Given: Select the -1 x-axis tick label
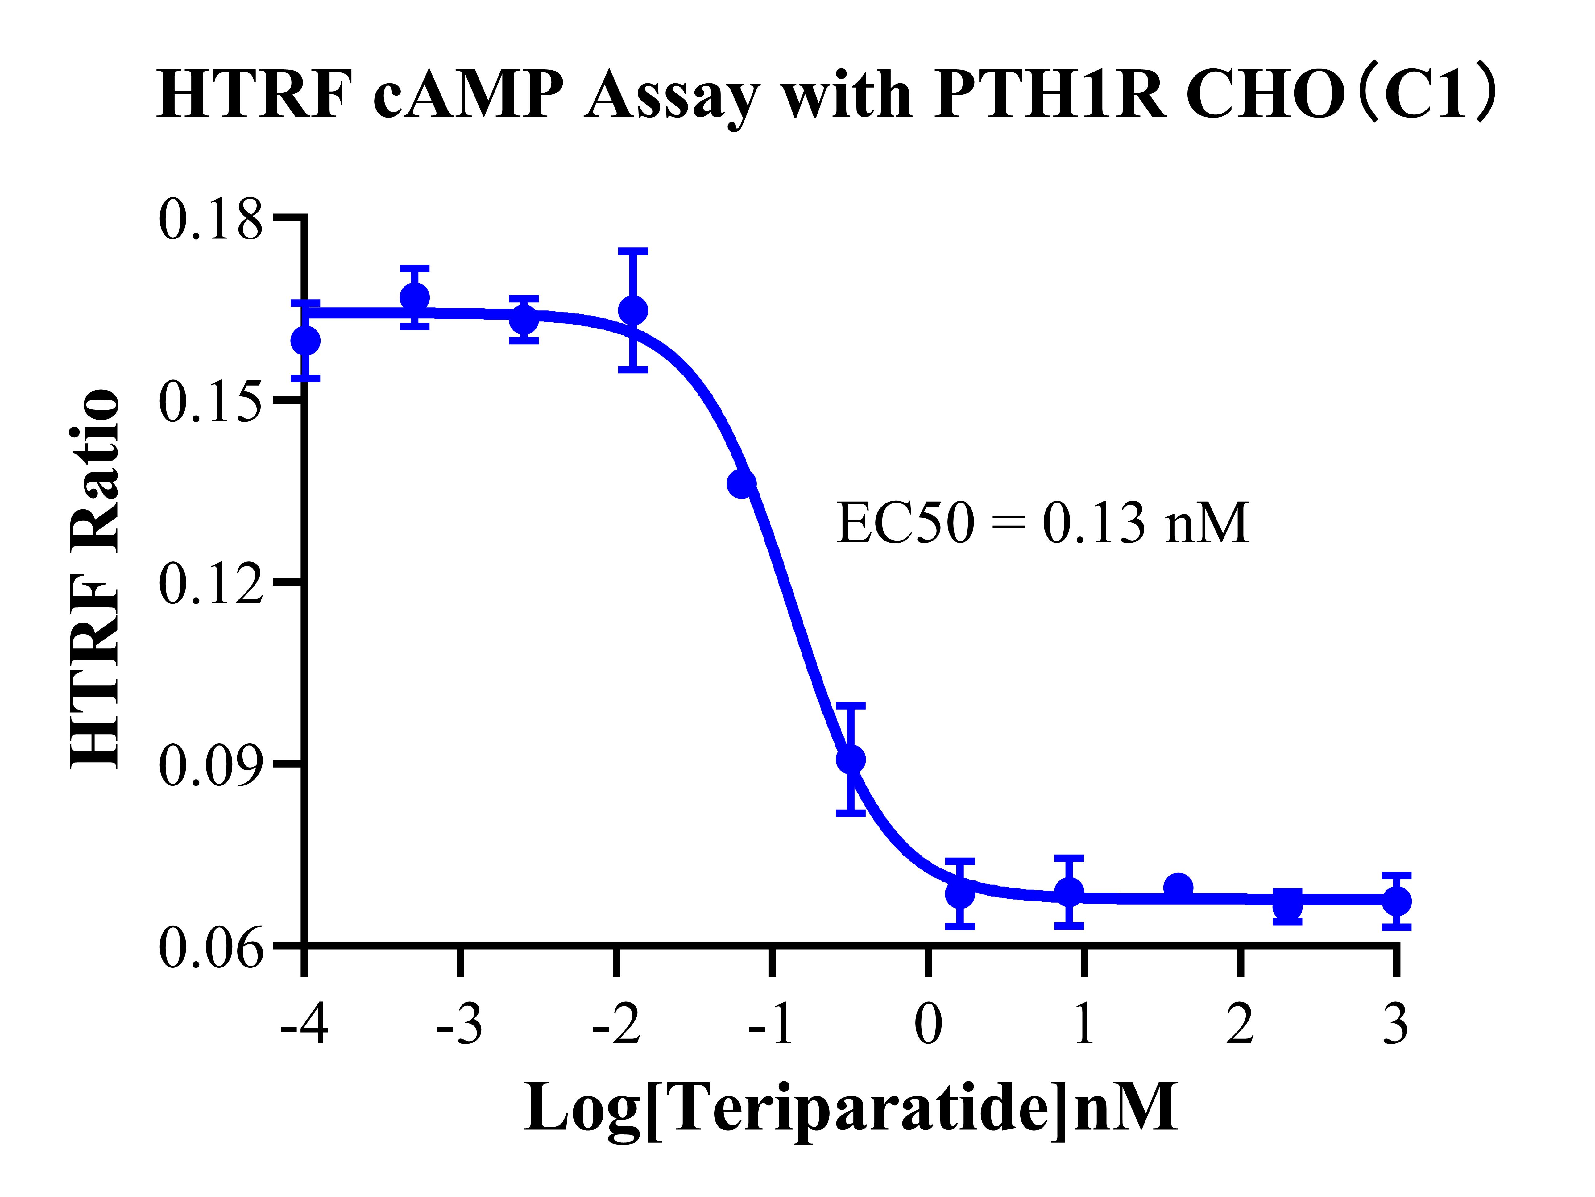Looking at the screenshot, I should [x=772, y=1024].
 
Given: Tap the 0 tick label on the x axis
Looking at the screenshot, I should [x=928, y=1024].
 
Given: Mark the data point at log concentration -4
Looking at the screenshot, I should [x=306, y=340].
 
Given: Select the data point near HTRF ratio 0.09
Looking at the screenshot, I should [x=851, y=759].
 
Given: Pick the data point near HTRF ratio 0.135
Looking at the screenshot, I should [x=741, y=483].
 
